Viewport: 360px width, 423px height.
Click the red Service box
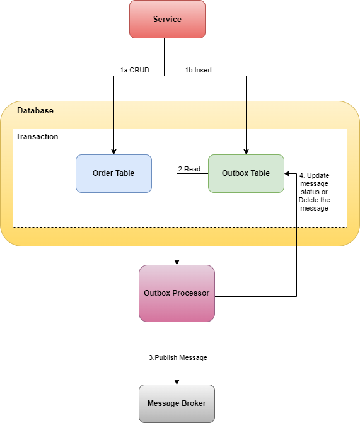pos(167,20)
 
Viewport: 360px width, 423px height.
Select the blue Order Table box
pos(113,173)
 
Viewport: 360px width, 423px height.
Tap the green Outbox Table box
pos(246,173)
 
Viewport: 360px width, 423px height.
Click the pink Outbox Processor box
pos(177,293)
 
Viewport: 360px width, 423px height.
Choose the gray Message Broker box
pos(177,403)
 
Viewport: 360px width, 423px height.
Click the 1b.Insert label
pos(198,70)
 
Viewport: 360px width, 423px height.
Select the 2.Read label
pos(190,169)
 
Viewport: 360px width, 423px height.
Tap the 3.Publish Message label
pos(178,357)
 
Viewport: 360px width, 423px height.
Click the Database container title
pos(35,111)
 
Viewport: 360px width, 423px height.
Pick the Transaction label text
pos(37,137)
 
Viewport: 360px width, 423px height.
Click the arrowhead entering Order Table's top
pos(113,151)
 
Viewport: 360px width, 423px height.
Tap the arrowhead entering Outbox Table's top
pos(246,151)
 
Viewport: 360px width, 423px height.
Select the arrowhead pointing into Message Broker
pos(177,381)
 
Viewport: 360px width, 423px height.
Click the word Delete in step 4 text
pos(309,200)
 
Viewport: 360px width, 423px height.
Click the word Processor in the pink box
pos(193,293)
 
